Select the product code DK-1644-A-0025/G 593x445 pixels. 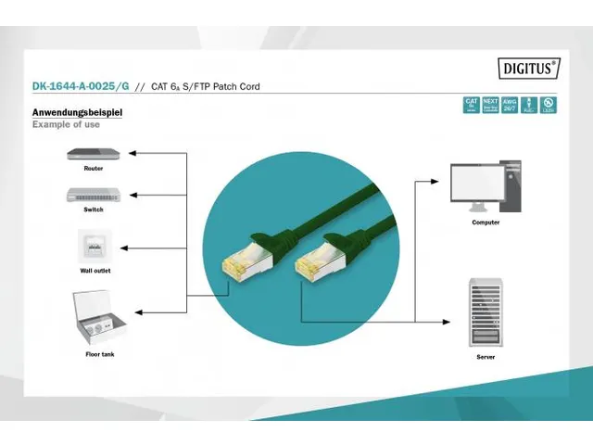(81, 87)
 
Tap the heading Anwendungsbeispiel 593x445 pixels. (77, 113)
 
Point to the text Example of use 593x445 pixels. (66, 124)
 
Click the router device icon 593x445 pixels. (93, 153)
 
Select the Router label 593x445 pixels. (93, 169)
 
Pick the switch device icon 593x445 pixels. (93, 195)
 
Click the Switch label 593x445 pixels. (93, 210)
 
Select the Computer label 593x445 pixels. (486, 222)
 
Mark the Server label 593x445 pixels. (486, 356)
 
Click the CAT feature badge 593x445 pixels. (472, 105)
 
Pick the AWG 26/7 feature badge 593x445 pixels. (510, 105)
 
